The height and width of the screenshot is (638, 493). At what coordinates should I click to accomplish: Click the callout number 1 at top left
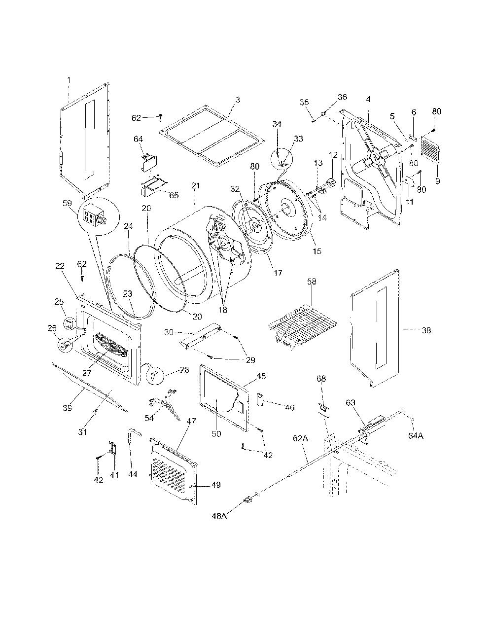69,80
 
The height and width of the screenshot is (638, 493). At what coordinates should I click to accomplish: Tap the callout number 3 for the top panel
238,100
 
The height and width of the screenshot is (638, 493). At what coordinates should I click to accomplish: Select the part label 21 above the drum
195,185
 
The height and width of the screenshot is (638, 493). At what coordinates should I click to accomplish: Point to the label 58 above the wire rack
312,281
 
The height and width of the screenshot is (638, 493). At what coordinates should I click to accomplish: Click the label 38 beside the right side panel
426,330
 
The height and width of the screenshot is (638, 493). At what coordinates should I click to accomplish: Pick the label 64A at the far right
416,436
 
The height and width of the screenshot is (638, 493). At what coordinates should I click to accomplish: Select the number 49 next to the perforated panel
216,485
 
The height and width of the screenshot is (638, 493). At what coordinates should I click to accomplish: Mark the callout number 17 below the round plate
278,273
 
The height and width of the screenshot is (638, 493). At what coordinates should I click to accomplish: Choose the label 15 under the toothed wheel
317,251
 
